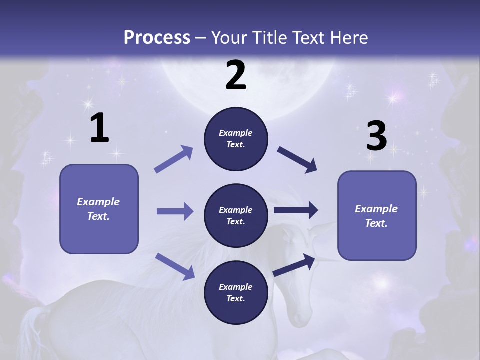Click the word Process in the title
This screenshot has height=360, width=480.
point(157,37)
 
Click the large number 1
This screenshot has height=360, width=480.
point(99,128)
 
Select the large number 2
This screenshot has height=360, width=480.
point(236,75)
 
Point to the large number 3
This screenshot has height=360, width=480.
point(376,136)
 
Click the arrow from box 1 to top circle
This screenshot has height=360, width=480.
point(174,159)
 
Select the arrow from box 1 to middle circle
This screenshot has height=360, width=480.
point(175,211)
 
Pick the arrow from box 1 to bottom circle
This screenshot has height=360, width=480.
point(175,266)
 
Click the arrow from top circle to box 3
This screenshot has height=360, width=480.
point(297,159)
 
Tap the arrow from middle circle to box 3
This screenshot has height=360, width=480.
point(296,210)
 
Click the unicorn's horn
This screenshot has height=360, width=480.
point(325,258)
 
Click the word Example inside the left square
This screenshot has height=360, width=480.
point(98,202)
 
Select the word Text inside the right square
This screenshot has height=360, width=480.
point(376,223)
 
